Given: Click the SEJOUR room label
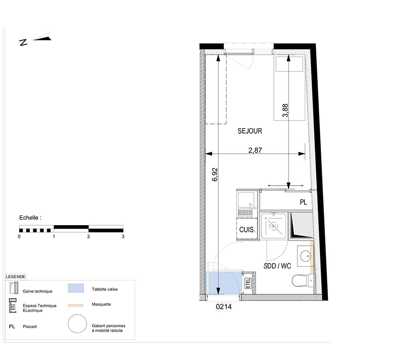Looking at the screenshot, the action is pos(249,131).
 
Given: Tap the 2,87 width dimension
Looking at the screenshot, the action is pos(255,150).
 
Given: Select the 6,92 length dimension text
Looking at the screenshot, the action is pos(215,174).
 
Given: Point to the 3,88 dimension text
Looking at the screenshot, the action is pos(285,110).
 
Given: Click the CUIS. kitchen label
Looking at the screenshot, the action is pos(247,229).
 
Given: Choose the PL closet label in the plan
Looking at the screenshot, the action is pos(303,202).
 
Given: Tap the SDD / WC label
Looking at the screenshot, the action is pos(277,266).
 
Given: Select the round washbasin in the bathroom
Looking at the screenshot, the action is pos(305,256).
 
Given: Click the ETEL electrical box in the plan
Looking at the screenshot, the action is pos(248,283).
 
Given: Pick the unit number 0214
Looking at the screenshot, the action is pos(224,307).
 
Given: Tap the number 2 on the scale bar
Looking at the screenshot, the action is pos(88,236).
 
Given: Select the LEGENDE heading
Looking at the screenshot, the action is pos(16,277).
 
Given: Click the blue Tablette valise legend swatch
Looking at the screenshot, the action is pos(76,288).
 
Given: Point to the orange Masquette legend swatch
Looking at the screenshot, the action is pos(76,305).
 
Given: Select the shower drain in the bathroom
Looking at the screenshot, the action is pos(273,226).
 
